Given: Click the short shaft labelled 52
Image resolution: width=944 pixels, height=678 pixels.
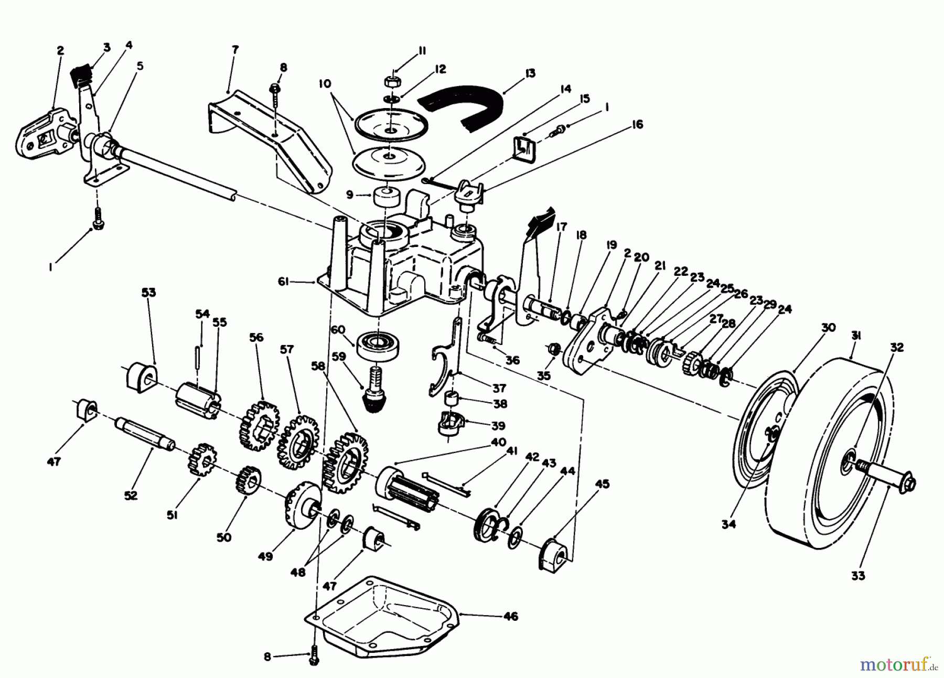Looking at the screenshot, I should coord(145,433).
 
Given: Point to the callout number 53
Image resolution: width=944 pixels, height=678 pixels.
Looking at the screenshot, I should coord(149,292).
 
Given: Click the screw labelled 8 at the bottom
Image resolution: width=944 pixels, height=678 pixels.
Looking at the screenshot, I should coord(314,657).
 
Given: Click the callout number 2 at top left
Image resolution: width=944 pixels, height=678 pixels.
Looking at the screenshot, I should coord(61,50).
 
